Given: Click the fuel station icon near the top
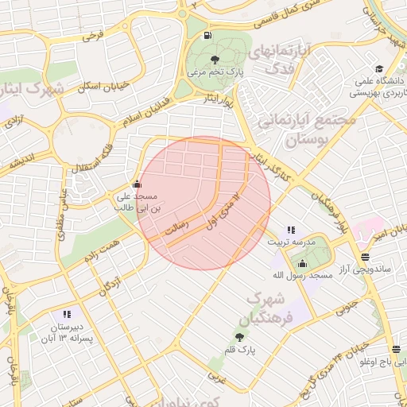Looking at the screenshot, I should (x=208, y=35).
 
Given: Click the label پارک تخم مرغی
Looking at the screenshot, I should (x=213, y=72).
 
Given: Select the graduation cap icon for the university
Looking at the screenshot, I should (x=379, y=68).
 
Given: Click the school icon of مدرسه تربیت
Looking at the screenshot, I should (x=290, y=229).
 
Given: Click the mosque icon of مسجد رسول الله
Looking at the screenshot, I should (x=302, y=263).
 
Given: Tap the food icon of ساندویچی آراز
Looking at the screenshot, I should (x=365, y=257).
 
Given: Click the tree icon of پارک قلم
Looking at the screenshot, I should (x=239, y=337).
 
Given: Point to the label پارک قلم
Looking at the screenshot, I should (x=239, y=350).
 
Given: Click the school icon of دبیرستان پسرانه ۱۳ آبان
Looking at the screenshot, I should (x=66, y=314).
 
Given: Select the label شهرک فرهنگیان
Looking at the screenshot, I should (x=270, y=308).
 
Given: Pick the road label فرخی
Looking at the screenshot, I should (x=94, y=36).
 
